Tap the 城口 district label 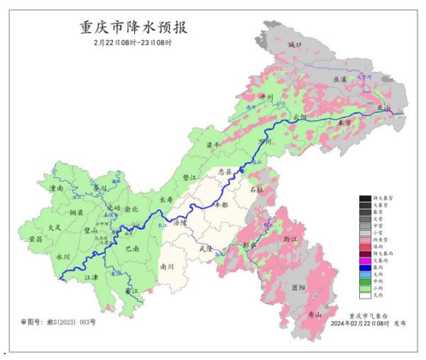pyautogui.click(x=295, y=45)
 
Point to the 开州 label pyautogui.click(x=266, y=97)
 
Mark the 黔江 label pyautogui.click(x=291, y=240)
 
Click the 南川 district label pyautogui.click(x=168, y=266)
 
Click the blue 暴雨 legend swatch pyautogui.click(x=366, y=267)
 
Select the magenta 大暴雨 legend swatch pyautogui.click(x=366, y=259)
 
